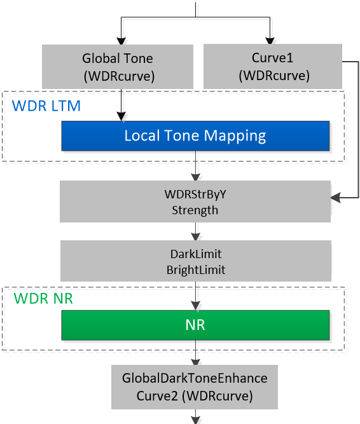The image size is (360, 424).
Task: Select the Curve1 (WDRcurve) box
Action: click(273, 67)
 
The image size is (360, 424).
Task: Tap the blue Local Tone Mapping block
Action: click(195, 136)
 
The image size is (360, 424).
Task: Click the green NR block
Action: click(195, 325)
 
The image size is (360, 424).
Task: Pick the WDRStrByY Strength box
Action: click(195, 202)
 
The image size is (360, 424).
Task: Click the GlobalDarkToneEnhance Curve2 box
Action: click(195, 387)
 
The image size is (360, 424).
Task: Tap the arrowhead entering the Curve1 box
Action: click(273, 38)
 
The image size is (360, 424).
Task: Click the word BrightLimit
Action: click(195, 270)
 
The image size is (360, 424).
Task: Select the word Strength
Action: click(195, 210)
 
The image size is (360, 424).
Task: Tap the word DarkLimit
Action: click(195, 254)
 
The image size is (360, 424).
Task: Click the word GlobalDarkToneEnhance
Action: click(195, 379)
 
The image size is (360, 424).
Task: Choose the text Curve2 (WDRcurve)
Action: click(195, 395)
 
